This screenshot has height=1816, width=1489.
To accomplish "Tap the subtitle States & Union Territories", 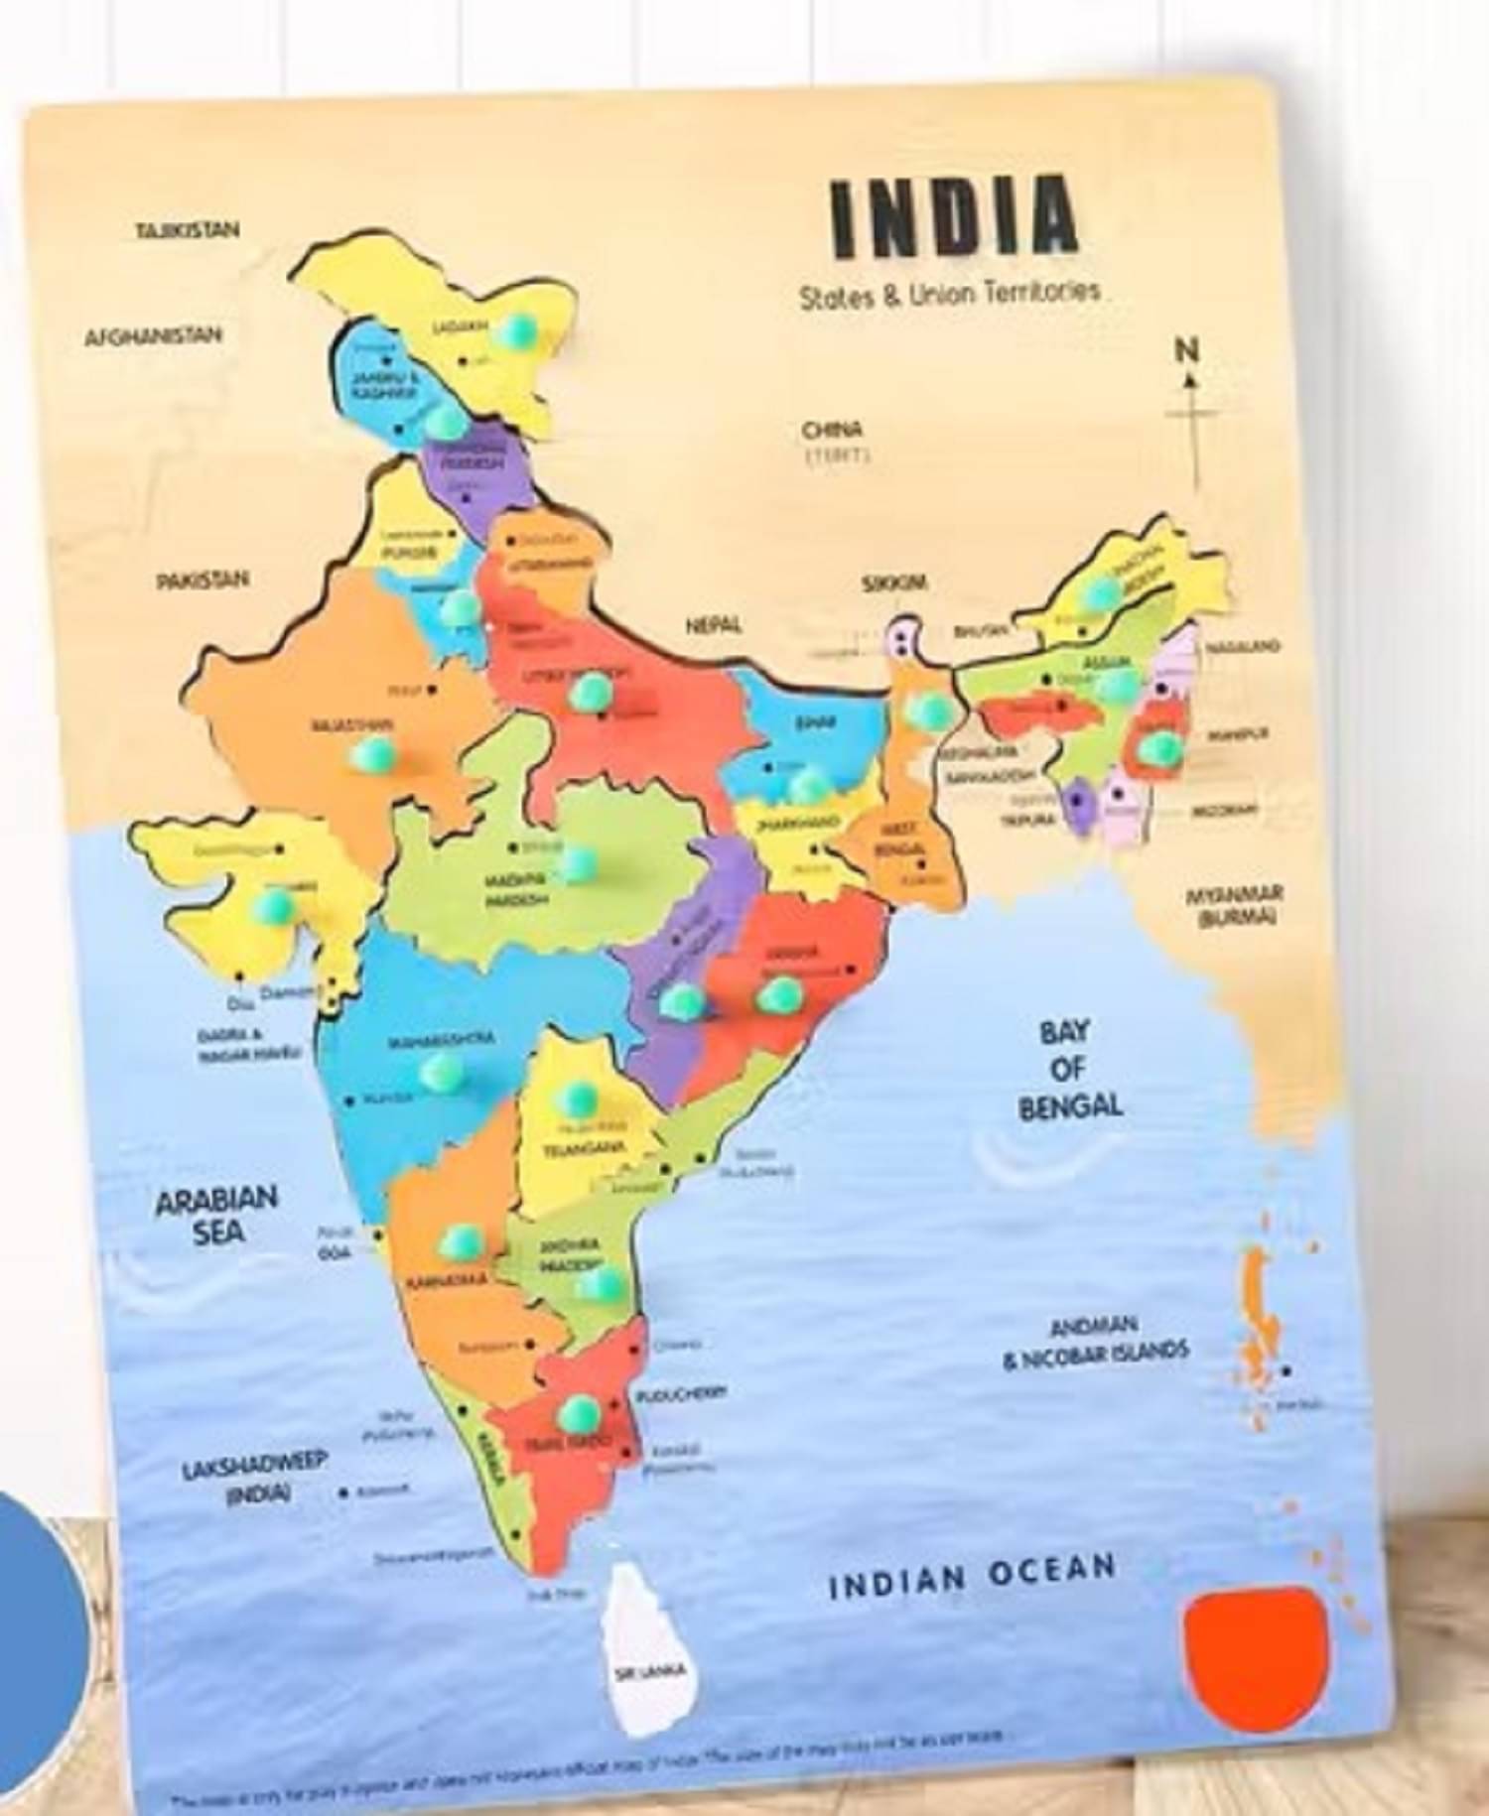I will (x=950, y=295).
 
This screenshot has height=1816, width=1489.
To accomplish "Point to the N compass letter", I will (x=1187, y=350).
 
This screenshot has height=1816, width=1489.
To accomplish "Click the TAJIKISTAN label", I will (x=188, y=230).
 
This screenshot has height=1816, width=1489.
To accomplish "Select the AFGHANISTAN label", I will (x=153, y=335).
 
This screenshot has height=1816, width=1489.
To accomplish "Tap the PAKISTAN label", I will (x=203, y=580).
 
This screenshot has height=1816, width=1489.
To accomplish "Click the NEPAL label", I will (x=714, y=625).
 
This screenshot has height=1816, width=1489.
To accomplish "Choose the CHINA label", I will (x=832, y=431).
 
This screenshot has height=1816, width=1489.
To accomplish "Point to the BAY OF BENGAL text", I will (x=1069, y=1070).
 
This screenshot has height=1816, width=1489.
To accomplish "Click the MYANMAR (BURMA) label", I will (x=1235, y=904).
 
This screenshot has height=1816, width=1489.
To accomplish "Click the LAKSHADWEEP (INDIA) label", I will (x=254, y=1478).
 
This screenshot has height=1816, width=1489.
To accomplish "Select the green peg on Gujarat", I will (x=273, y=905).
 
